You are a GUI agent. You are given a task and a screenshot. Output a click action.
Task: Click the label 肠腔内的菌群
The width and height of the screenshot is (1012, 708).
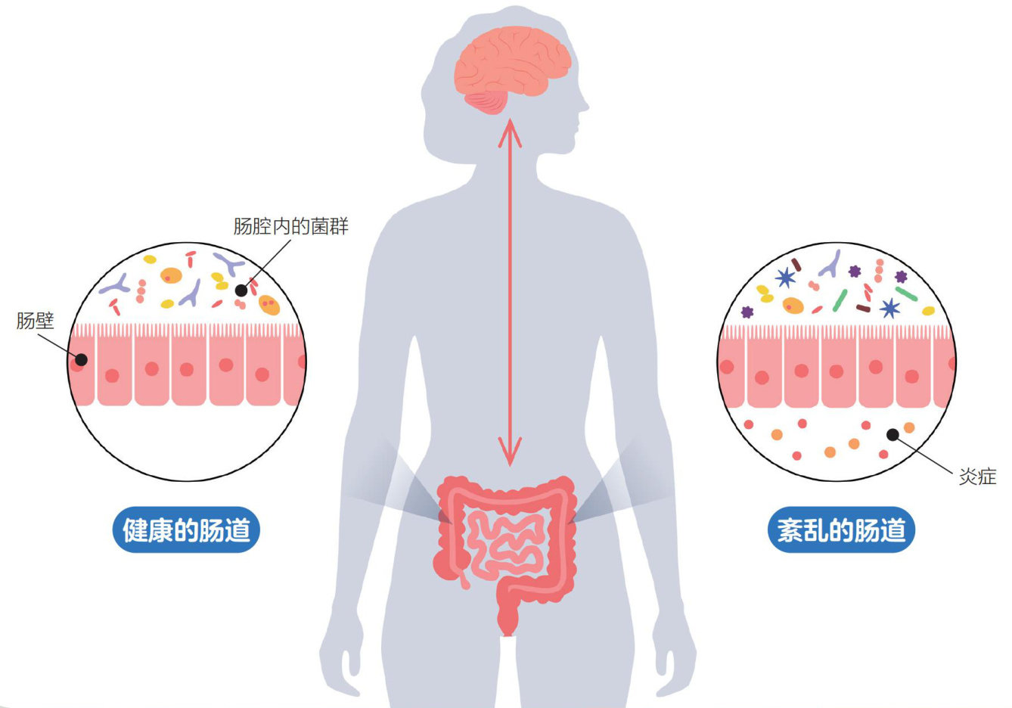coord(290,226)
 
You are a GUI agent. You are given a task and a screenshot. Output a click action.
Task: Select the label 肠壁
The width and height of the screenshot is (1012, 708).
coord(35,321)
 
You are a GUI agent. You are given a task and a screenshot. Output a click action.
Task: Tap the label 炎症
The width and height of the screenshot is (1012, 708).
coord(977,477)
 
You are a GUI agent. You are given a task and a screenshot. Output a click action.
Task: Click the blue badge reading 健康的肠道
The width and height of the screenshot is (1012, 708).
coord(186,530)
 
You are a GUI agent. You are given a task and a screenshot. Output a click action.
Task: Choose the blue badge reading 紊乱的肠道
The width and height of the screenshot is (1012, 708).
coord(841,530)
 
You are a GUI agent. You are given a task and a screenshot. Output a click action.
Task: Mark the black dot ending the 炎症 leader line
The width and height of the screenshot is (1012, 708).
coord(892,434)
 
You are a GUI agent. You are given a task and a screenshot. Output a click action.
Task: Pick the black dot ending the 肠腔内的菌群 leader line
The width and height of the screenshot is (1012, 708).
coord(241,290)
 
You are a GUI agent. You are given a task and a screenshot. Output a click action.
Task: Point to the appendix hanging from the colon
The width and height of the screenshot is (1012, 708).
coord(463,579)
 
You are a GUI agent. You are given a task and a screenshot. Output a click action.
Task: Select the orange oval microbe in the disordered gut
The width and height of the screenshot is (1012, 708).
coord(793,305)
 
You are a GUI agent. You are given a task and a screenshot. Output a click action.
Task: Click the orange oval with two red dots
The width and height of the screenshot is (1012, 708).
coord(269,305)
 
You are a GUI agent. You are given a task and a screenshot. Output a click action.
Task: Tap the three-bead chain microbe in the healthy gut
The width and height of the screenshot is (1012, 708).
coord(141,291)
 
